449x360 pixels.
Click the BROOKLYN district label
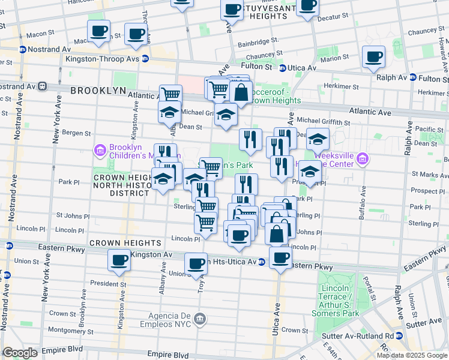click(x=98, y=91)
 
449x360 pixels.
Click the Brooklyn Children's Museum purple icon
click(x=100, y=149)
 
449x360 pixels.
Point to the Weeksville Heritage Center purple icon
click(x=361, y=159)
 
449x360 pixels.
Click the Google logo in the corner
click(x=20, y=353)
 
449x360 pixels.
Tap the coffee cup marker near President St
click(x=118, y=260)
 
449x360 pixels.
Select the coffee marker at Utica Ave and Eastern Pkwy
click(x=280, y=257)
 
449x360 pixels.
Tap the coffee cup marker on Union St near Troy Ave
click(x=196, y=263)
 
